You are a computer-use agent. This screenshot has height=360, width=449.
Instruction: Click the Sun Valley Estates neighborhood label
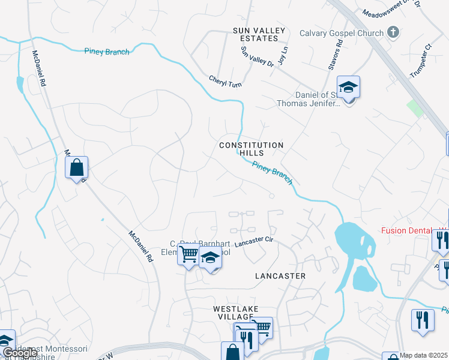point(256,34)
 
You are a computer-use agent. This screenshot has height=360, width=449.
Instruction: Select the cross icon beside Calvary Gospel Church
point(393,32)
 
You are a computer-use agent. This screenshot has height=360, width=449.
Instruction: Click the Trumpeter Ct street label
point(420,55)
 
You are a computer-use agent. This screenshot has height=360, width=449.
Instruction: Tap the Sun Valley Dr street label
point(257,61)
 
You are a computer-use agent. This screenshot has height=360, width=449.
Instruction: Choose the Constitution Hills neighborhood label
point(252,149)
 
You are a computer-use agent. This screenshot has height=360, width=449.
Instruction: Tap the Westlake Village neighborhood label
point(236,313)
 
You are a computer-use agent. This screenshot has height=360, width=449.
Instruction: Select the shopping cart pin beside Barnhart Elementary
point(188,256)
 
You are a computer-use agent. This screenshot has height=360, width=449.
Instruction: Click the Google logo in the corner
point(19,353)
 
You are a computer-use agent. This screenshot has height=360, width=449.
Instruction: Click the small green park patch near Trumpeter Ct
point(415,109)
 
